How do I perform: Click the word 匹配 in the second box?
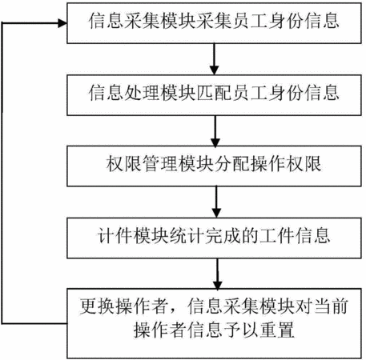coord(214,93)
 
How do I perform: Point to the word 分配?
coord(231,163)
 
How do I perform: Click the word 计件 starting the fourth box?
coord(115,235)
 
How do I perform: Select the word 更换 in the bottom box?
coord(97,306)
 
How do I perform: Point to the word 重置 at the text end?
coord(277,330)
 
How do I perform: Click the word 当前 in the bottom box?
coord(331,306)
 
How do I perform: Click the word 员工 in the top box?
coord(250,21)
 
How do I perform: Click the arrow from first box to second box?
coord(214,59)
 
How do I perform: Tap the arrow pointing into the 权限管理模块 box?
coord(215,131)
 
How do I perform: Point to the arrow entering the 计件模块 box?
coord(216,202)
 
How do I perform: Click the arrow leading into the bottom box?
coord(218,274)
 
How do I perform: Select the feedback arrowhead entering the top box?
coord(62,23)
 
